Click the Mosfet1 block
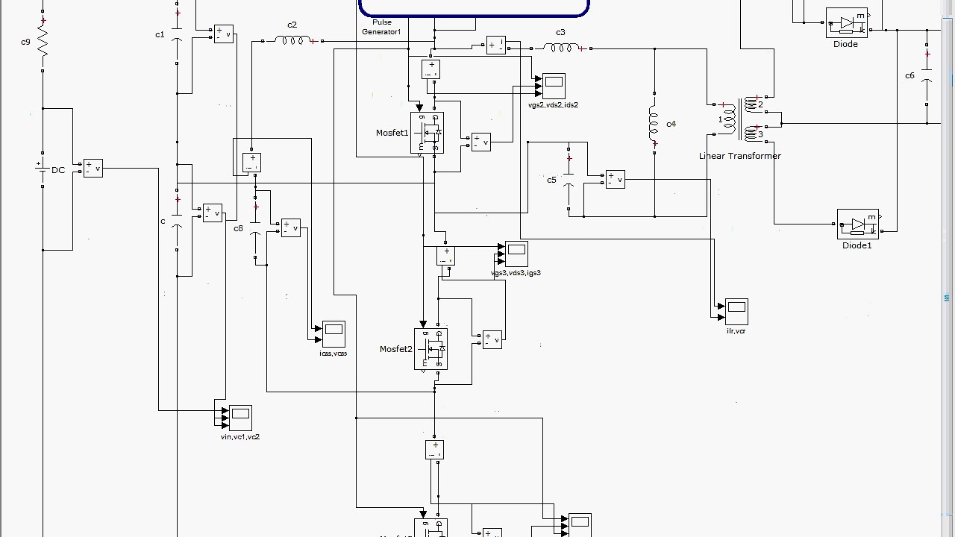[x=427, y=133]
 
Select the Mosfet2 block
[x=430, y=349]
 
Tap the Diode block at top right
[x=847, y=23]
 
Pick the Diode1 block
[x=858, y=224]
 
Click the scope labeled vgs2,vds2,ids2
[x=554, y=86]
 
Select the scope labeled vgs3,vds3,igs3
[x=516, y=254]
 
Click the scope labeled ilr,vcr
[x=736, y=311]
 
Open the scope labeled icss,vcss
[x=334, y=333]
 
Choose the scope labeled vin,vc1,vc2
[x=240, y=418]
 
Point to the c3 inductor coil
[x=561, y=48]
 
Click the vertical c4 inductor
[x=654, y=124]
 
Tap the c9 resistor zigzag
[x=43, y=42]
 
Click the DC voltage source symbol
[x=43, y=169]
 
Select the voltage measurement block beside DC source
[x=93, y=168]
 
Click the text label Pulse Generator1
[x=381, y=28]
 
